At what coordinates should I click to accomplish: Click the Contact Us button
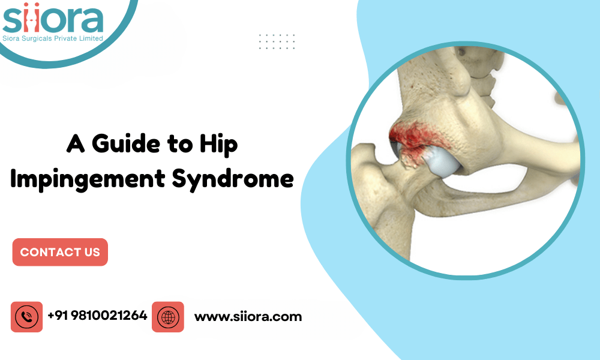pos(60,252)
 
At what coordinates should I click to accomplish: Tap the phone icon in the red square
pos(26,317)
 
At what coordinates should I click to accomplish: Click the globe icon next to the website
pos(167,317)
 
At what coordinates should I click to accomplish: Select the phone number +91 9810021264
pos(97,316)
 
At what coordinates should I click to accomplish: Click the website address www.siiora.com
pos(248,316)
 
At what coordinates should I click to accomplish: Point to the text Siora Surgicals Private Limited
pos(53,38)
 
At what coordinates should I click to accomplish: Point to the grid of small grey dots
pos(277,41)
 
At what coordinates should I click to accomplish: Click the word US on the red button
pos(91,252)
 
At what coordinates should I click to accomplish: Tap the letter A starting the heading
pos(74,144)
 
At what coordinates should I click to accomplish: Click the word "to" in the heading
pos(181,144)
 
